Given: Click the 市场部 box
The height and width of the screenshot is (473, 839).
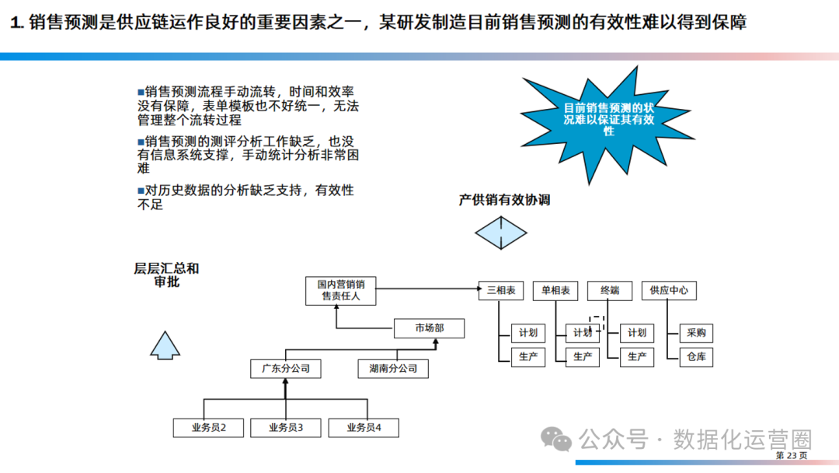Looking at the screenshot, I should click(x=429, y=328).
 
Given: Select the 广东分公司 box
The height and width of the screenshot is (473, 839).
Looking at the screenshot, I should click(x=286, y=368).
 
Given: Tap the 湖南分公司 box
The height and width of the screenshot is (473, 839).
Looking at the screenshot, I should click(x=393, y=368).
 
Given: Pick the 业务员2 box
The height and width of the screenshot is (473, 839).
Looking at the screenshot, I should click(x=208, y=427).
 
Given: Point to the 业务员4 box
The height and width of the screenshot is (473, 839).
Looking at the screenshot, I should click(x=364, y=427).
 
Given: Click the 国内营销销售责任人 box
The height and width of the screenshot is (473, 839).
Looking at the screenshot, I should click(x=341, y=290).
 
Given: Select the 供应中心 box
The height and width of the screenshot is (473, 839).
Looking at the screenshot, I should click(x=668, y=290).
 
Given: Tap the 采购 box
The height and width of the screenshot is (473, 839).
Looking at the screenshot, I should click(x=696, y=333).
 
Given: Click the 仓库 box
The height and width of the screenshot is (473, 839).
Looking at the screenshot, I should click(x=696, y=357).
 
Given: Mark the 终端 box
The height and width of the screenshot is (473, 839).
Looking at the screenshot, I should click(x=610, y=290).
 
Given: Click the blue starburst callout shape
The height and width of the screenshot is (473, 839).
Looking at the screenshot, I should click(x=607, y=121).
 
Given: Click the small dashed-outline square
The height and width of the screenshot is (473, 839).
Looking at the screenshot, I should click(x=597, y=322).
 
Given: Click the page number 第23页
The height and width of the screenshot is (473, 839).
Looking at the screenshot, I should click(x=792, y=455).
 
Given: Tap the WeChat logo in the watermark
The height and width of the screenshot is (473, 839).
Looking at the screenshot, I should click(x=556, y=440).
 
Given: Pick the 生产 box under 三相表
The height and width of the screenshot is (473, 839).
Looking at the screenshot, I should click(x=528, y=357).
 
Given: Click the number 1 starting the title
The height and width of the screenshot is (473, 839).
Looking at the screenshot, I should click(x=15, y=23).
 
